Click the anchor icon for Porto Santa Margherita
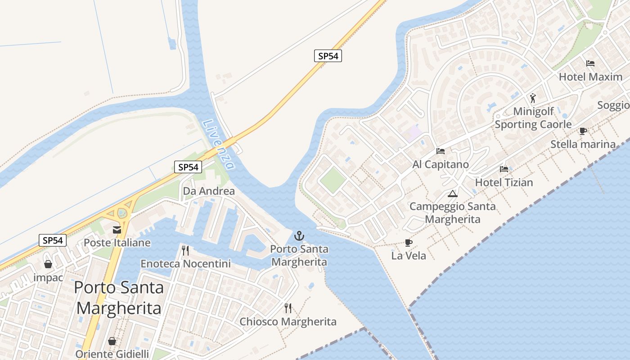click(x=299, y=236)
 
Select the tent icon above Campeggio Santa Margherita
click(x=453, y=194)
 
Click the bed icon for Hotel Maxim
click(x=590, y=63)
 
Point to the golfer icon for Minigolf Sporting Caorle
click(x=533, y=98)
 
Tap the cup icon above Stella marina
click(x=583, y=131)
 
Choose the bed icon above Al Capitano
click(x=441, y=151)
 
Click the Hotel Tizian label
click(x=504, y=183)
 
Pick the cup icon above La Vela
click(x=409, y=243)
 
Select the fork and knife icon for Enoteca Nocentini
click(x=185, y=251)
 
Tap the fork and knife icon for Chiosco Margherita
click(x=288, y=308)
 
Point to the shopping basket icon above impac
click(x=48, y=264)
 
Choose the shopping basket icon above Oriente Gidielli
click(x=112, y=341)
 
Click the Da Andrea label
click(x=209, y=191)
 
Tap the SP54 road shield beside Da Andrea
click(x=188, y=167)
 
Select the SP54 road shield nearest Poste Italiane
click(x=53, y=240)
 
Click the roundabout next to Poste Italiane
click(x=121, y=213)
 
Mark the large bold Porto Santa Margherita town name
click(x=119, y=297)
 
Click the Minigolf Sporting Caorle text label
click(x=533, y=118)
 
